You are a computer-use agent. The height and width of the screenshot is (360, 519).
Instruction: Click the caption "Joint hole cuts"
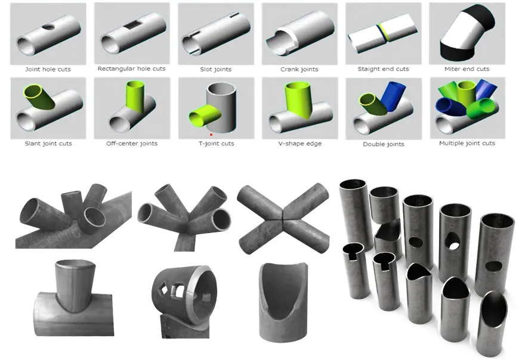(x=48, y=69)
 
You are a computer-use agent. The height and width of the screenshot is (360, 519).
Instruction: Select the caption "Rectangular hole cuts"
(x=131, y=69)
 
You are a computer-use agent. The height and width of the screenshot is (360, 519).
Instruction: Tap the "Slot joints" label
(x=216, y=69)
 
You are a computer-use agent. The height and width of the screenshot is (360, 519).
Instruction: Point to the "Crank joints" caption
(x=299, y=69)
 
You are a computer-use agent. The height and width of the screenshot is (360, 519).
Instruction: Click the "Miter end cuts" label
(x=467, y=69)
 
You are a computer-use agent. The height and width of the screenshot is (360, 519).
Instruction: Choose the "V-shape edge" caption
(x=300, y=144)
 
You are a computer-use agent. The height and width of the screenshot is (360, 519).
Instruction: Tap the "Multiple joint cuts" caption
(x=467, y=143)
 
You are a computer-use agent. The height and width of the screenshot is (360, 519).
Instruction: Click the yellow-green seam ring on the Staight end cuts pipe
(x=384, y=32)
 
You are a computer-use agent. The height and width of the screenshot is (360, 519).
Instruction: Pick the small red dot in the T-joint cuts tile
(x=211, y=135)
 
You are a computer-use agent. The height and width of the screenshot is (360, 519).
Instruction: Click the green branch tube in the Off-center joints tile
(x=135, y=97)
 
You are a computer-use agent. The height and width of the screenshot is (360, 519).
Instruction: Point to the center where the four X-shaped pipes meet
(x=283, y=219)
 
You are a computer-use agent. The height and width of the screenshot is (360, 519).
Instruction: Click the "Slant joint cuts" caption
(x=48, y=144)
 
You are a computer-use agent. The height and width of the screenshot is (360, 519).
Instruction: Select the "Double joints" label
(x=384, y=144)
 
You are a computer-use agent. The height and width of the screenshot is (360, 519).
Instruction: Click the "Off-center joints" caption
(x=132, y=144)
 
